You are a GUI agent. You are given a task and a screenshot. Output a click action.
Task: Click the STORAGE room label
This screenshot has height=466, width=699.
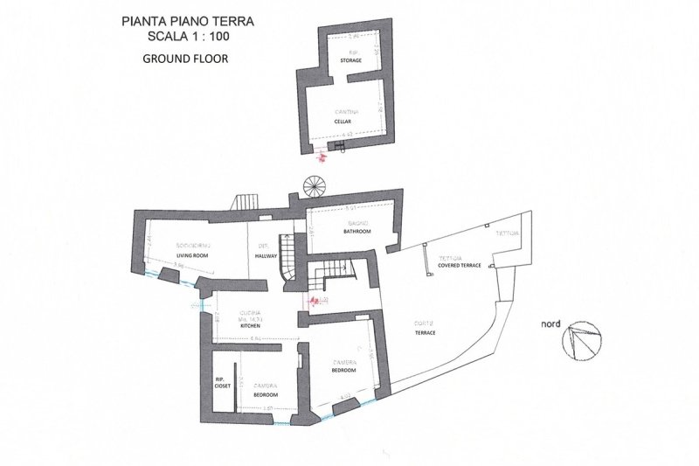pyautogui.click(x=351, y=60)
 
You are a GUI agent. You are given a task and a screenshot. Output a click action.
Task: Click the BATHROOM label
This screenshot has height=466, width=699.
pyautogui.click(x=356, y=232)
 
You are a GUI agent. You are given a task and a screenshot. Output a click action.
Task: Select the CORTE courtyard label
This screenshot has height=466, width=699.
pyautogui.click(x=425, y=325)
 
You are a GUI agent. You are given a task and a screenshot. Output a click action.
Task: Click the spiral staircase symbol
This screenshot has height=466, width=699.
pyautogui.click(x=312, y=185)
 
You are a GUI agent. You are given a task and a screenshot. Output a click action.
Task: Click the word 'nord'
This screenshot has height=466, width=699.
pyautogui.click(x=550, y=323)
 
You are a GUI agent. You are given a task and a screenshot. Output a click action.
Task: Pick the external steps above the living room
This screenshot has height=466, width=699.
pyautogui.click(x=245, y=203)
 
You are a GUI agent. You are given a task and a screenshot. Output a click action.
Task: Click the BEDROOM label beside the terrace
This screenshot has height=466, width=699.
pyautogui.click(x=343, y=370)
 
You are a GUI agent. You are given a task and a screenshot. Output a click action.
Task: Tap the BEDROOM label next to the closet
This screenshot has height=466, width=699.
pyautogui.click(x=266, y=394)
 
